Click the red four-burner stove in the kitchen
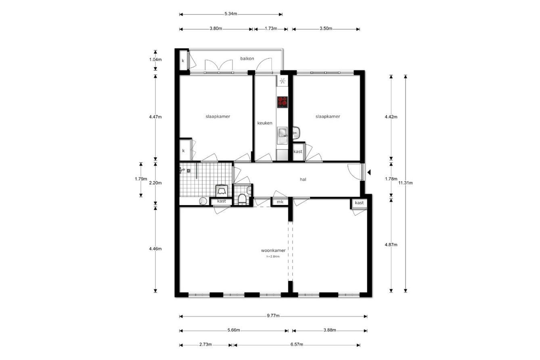[x=282, y=102]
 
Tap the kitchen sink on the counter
[x=282, y=135]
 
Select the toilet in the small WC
[x=242, y=199]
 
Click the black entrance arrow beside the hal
[x=369, y=172]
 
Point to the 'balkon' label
[x=247, y=59]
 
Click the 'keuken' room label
[x=265, y=123]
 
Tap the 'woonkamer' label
[x=273, y=250]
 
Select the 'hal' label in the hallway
[x=303, y=180]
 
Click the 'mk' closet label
[x=280, y=202]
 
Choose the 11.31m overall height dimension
[x=406, y=183]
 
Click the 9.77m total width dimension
[x=273, y=316]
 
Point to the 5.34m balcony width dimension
[x=231, y=14]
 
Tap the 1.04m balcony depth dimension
[x=155, y=60]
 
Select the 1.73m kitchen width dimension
[x=271, y=29]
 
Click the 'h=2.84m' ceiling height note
[x=273, y=257]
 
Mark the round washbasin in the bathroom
[x=203, y=201]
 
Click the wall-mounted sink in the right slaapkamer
[x=296, y=133]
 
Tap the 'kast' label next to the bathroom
[x=222, y=201]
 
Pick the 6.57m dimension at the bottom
[x=297, y=345]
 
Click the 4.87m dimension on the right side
[x=391, y=245]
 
